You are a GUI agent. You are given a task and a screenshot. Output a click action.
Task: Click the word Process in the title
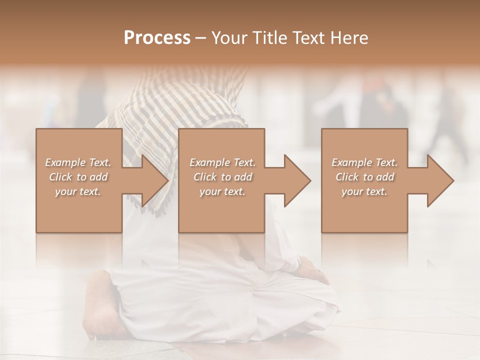pyautogui.click(x=157, y=37)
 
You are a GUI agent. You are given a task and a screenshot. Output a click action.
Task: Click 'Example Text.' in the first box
pyautogui.click(x=78, y=162)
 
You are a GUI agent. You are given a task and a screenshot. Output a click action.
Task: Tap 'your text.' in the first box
pyautogui.click(x=78, y=191)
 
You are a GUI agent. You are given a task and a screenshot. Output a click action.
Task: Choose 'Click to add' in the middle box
pyautogui.click(x=222, y=177)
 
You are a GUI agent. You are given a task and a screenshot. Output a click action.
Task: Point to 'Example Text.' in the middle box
pyautogui.click(x=222, y=162)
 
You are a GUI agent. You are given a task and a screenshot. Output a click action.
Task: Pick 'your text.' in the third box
pyautogui.click(x=364, y=191)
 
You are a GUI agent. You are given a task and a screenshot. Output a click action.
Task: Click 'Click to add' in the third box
pyautogui.click(x=364, y=177)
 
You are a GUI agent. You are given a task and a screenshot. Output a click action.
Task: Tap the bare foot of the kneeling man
pyautogui.click(x=102, y=305)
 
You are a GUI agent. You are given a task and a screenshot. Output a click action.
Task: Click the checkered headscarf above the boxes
pyautogui.click(x=200, y=100)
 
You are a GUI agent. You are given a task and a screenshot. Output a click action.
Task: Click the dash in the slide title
pyautogui.click(x=201, y=38)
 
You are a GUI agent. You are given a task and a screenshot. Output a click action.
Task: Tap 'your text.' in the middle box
pyautogui.click(x=222, y=191)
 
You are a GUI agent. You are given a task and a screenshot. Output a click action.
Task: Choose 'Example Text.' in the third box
pyautogui.click(x=364, y=162)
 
